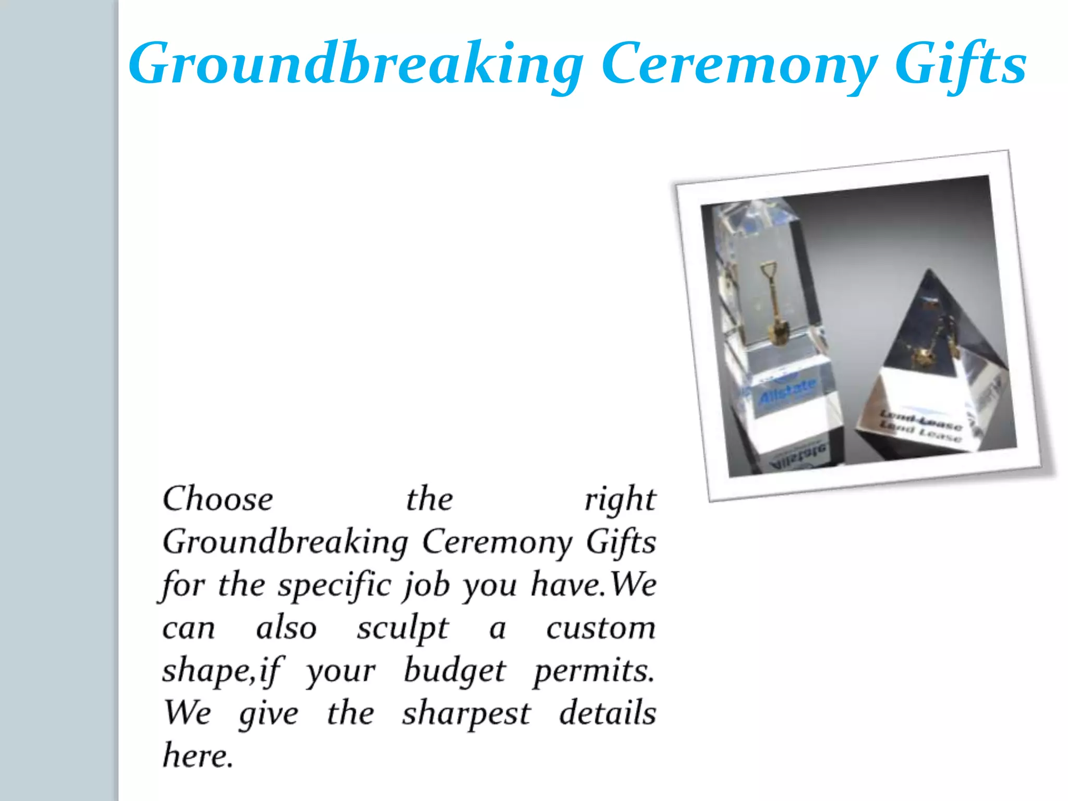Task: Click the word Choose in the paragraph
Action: tap(218, 499)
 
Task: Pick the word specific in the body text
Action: tap(334, 585)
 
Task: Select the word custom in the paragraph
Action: tap(601, 628)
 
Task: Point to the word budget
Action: tap(454, 671)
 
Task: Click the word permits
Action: tap(593, 671)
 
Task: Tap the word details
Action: tap(608, 713)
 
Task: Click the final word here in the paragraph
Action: tap(197, 756)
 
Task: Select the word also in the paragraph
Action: tap(286, 628)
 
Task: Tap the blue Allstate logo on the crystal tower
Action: tap(787, 391)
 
